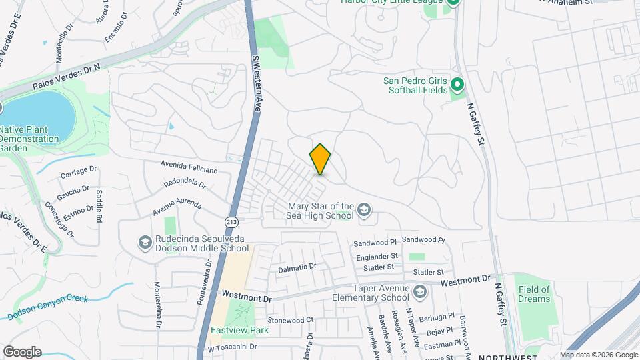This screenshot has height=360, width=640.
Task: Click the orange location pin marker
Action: [x=320, y=159]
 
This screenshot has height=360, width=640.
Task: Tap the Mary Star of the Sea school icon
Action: [x=364, y=211]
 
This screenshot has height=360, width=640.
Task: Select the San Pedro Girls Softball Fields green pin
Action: [x=457, y=85]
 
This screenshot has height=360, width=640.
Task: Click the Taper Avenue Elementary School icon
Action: [x=419, y=291]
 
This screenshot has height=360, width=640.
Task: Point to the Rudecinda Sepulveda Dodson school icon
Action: [x=145, y=242]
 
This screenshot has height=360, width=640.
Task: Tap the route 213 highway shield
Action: [x=231, y=221]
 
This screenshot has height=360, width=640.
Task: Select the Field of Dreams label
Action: [x=535, y=294]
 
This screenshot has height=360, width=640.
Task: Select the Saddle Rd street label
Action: [x=98, y=207]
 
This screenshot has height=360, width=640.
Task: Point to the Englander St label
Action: [x=377, y=255]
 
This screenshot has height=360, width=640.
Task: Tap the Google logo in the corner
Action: [x=22, y=352]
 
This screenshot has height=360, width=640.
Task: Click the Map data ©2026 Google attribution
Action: [x=599, y=355]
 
